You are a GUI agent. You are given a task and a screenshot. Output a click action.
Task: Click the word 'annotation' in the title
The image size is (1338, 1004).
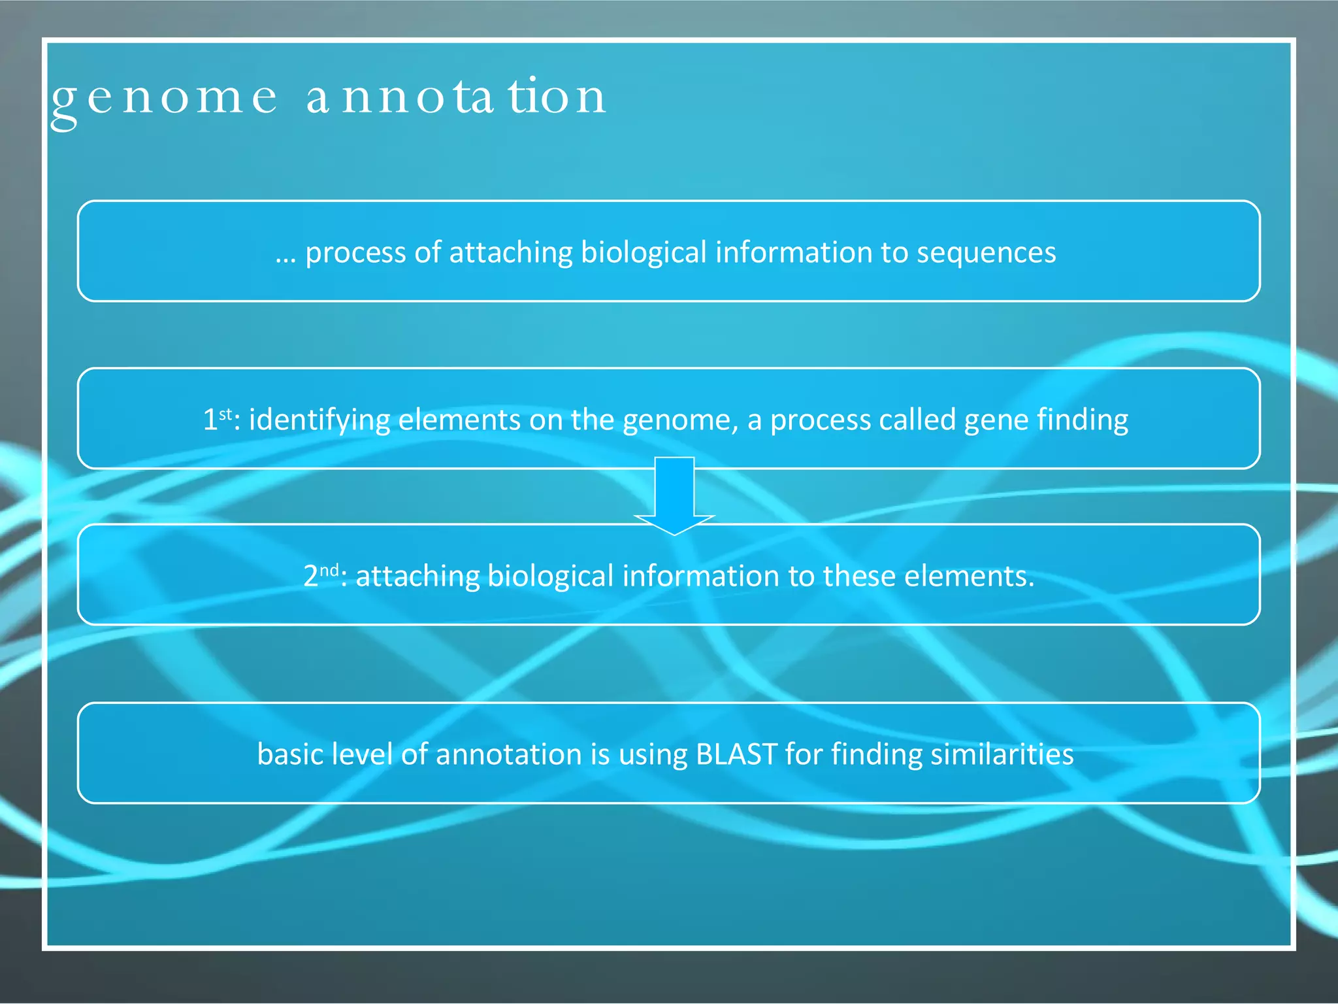pyautogui.click(x=457, y=97)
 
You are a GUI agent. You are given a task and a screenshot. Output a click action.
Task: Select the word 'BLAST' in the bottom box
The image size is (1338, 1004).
pyautogui.click(x=736, y=754)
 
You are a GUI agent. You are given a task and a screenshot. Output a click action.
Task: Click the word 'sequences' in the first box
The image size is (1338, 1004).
pyautogui.click(x=986, y=253)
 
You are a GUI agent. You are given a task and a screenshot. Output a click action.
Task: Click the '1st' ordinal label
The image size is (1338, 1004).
pyautogui.click(x=217, y=419)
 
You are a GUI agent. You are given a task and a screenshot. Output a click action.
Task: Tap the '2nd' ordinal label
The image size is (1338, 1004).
pyautogui.click(x=320, y=575)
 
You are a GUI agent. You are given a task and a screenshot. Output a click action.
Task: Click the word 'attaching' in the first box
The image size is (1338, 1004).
pyautogui.click(x=511, y=253)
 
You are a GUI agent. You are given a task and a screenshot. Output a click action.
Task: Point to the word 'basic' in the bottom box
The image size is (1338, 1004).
pyautogui.click(x=290, y=754)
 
